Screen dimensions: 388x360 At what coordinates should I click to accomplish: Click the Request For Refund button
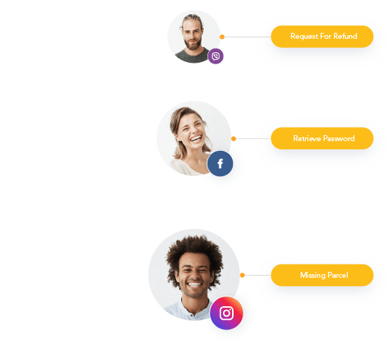click(322, 37)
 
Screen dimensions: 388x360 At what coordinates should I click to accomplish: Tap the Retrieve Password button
click(322, 138)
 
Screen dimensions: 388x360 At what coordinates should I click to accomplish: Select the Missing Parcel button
click(322, 275)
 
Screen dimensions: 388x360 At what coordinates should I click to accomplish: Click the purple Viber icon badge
click(216, 56)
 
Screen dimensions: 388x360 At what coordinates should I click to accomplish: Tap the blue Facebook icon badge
click(220, 164)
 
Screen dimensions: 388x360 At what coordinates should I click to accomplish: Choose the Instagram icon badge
click(226, 313)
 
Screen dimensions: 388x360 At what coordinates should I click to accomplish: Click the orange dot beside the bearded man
click(222, 37)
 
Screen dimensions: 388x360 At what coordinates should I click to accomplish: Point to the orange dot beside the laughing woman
click(234, 139)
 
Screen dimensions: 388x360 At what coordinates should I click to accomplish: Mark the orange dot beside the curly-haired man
click(242, 275)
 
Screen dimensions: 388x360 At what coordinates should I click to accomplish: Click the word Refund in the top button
click(345, 37)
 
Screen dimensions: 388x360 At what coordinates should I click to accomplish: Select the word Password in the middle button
click(339, 138)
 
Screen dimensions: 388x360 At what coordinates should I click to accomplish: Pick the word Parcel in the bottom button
click(338, 275)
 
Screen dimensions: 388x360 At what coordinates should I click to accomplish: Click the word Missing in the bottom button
click(313, 276)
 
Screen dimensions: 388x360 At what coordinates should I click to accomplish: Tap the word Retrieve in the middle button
click(307, 138)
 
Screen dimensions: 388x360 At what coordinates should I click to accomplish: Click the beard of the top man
click(193, 44)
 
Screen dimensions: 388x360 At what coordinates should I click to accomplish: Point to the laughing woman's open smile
click(196, 138)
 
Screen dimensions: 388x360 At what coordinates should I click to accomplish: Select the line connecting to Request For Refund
click(248, 37)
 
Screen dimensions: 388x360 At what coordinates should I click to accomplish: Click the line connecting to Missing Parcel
click(257, 275)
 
